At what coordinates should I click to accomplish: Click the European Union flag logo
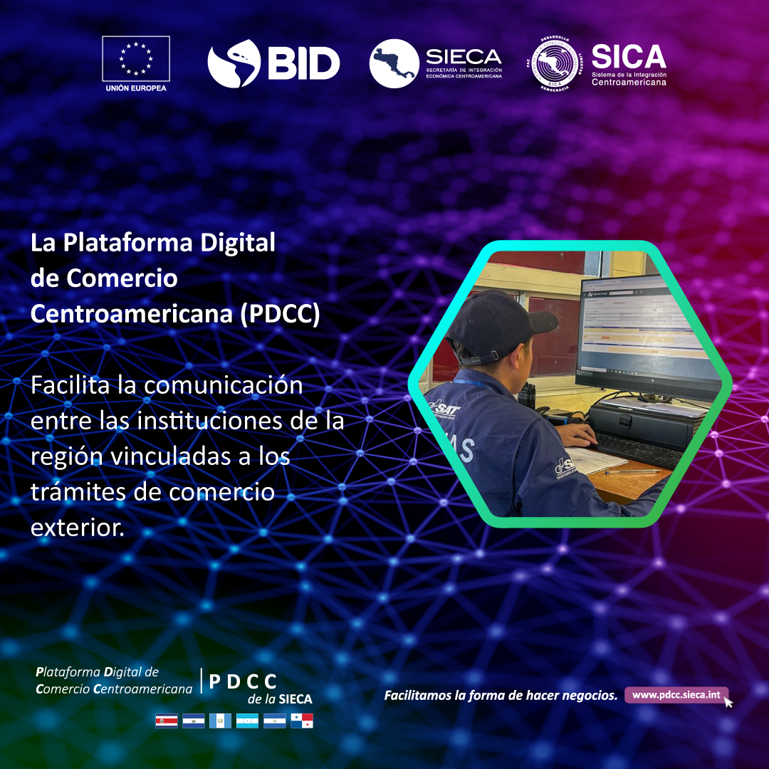[136, 58]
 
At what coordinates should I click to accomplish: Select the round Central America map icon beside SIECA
[394, 63]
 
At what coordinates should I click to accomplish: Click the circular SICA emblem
[558, 63]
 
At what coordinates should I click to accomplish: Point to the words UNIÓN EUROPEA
[136, 88]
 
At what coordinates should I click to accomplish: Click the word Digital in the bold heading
[231, 243]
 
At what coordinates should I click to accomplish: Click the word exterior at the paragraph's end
[77, 528]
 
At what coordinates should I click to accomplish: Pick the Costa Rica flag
[167, 721]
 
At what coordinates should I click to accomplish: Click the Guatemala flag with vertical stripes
[220, 721]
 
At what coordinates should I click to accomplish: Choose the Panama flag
[302, 721]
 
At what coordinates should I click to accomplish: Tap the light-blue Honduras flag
[247, 721]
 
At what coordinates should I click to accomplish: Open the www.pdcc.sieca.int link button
[676, 695]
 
